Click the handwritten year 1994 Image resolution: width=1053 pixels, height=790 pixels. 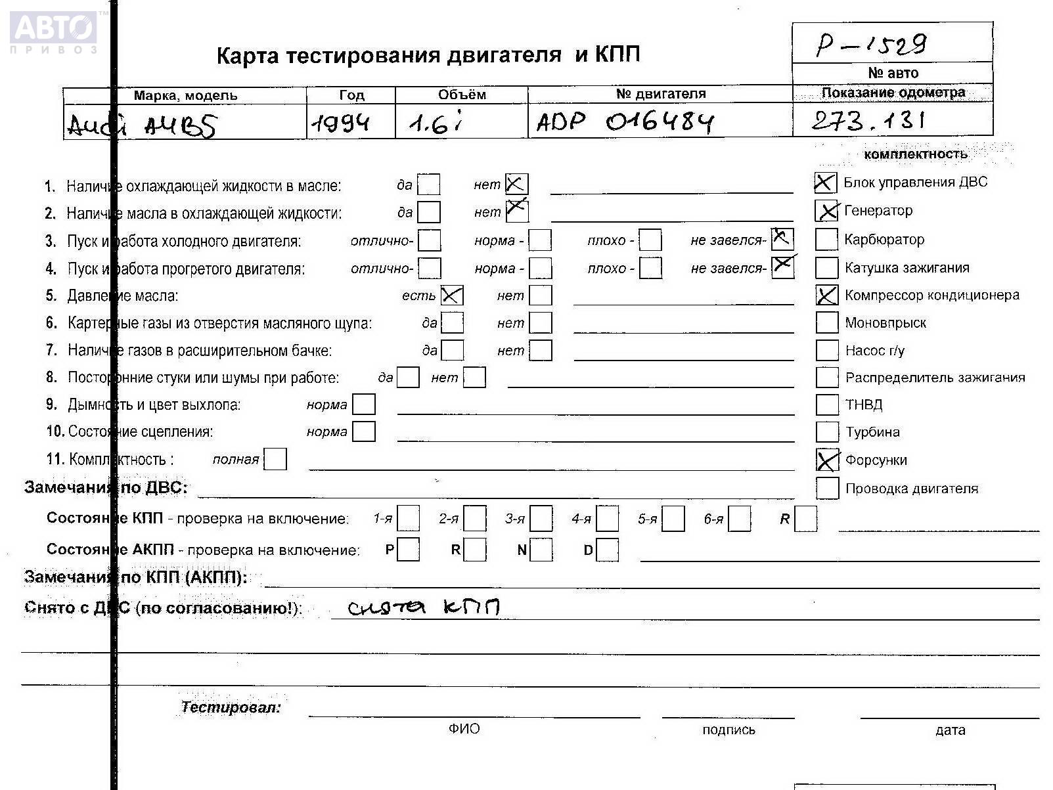pos(340,123)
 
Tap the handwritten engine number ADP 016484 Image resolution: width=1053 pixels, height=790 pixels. pos(624,122)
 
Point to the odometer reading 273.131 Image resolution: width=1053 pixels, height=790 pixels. pos(868,120)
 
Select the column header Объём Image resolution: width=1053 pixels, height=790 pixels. pos(462,95)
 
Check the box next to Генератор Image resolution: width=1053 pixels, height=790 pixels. pos(826,211)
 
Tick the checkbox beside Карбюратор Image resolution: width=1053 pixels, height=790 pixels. pos(826,240)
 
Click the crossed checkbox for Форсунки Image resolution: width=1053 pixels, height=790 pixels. pos(827,460)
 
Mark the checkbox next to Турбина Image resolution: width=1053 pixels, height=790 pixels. pos(827,432)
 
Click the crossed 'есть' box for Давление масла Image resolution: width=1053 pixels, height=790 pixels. pos(452,296)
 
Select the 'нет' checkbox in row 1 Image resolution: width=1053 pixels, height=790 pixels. pos(516,185)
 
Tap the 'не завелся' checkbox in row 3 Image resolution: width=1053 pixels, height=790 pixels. pos(782,240)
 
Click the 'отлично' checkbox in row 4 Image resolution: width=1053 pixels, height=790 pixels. pos(430,268)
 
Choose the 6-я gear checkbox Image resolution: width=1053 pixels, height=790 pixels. pos(740,519)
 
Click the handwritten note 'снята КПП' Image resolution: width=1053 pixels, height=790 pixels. pos(423,607)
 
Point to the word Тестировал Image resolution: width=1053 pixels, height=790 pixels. pos(231,707)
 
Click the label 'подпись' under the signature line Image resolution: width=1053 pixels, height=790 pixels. pos(728,730)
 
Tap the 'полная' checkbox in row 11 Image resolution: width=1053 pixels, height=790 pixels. pos(275,459)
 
